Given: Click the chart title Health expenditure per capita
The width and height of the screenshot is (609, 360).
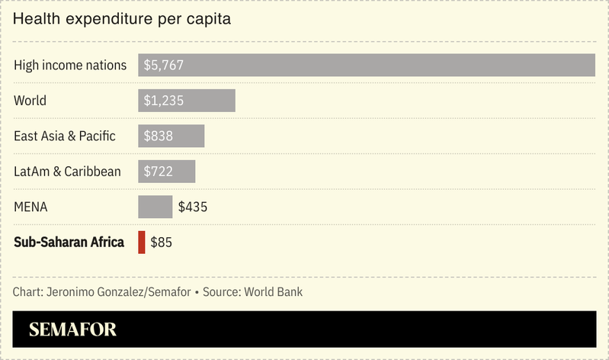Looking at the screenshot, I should [x=122, y=19].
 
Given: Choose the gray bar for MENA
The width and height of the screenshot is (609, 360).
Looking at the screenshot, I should [x=155, y=207].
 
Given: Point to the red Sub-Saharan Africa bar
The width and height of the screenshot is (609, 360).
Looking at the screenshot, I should [x=141, y=243].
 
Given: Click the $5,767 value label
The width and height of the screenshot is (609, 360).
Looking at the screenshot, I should [x=163, y=66].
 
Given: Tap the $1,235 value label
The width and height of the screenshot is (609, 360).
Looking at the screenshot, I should [x=163, y=101].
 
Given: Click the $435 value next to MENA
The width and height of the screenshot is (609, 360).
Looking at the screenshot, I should [x=193, y=207].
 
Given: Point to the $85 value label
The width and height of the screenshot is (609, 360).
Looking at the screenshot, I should [x=162, y=243].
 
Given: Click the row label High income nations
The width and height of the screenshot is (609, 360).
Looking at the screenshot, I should [x=70, y=66].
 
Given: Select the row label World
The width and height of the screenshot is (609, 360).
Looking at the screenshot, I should [x=30, y=101].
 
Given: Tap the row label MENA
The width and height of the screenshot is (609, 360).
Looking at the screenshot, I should [x=31, y=207].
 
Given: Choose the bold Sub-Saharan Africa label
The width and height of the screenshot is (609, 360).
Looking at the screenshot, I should [x=69, y=243].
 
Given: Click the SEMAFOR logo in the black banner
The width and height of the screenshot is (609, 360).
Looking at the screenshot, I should [x=72, y=329].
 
